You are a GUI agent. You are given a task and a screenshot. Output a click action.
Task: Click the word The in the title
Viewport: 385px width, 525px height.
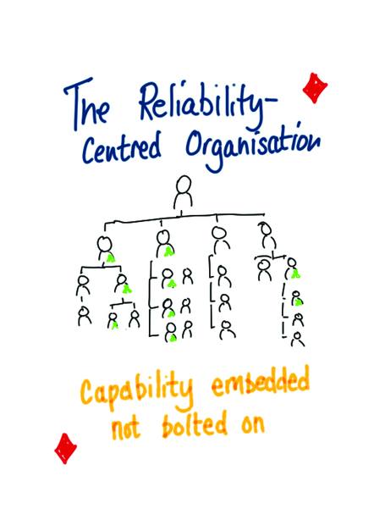click(86, 103)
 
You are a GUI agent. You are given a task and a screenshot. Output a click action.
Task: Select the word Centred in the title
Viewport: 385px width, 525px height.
click(121, 147)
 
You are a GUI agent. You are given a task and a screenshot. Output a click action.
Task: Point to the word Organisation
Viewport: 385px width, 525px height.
click(252, 146)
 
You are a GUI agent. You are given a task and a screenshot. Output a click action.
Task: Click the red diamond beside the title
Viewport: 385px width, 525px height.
click(315, 88)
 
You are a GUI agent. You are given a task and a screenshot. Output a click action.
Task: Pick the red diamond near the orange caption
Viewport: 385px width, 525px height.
click(65, 448)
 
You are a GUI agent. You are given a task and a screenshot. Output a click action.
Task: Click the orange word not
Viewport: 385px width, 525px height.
click(125, 428)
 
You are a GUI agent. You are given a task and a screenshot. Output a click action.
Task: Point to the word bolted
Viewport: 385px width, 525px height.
click(195, 424)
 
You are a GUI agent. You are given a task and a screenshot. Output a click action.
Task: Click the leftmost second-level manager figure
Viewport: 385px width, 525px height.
click(106, 248)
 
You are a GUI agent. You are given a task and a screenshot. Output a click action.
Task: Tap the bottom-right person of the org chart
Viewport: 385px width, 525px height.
click(297, 340)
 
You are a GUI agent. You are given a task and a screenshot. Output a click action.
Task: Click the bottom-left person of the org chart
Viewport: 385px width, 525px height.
click(84, 315)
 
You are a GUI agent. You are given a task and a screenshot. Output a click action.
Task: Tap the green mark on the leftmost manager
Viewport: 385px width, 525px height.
click(110, 258)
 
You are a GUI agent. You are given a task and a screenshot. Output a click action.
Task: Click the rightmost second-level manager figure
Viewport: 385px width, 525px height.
click(267, 235)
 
